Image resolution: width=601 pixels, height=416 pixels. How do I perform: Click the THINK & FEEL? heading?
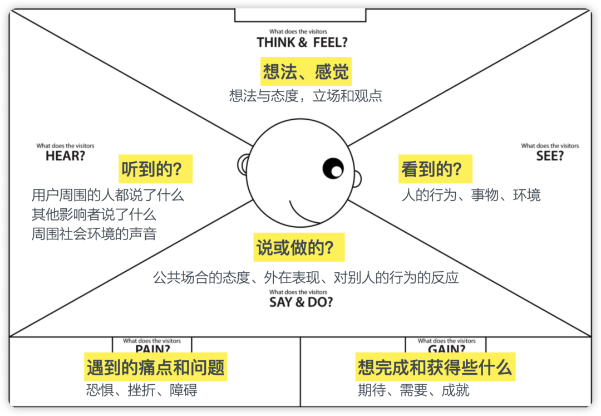tap(302, 42)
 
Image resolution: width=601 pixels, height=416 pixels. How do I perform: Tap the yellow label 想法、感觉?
tap(306, 72)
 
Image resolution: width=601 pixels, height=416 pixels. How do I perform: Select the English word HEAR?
tap(66, 156)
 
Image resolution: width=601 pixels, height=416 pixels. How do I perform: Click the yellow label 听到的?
tap(156, 169)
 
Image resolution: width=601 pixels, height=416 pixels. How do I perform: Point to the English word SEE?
tap(550, 156)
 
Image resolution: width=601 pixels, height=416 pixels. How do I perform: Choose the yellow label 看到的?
tap(435, 169)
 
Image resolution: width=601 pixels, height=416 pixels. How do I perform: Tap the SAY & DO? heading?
tap(301, 302)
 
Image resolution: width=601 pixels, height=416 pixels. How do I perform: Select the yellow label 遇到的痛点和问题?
tap(156, 367)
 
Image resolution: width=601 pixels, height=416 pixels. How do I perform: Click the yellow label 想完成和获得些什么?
tap(435, 367)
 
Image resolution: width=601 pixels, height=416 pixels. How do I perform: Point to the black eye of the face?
tap(333, 168)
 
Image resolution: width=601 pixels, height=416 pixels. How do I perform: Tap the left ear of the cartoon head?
tap(243, 165)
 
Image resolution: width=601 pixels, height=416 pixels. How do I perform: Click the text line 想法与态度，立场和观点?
tap(306, 96)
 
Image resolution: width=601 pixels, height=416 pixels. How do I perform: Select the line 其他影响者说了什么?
tap(94, 214)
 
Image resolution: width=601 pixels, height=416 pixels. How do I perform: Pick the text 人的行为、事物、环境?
tap(471, 195)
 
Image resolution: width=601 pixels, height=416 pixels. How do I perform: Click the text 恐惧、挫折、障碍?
tap(142, 390)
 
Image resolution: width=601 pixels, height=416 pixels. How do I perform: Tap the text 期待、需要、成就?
tap(413, 390)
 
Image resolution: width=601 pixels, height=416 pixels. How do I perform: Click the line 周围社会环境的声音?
tap(94, 233)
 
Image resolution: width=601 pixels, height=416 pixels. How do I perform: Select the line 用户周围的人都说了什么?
tap(107, 195)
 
